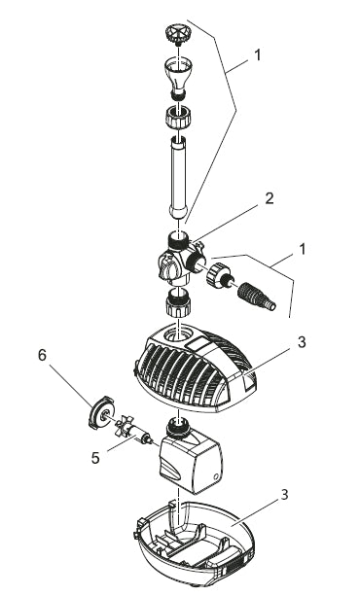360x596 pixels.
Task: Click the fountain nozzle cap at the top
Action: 178,35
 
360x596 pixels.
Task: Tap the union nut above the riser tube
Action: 178,119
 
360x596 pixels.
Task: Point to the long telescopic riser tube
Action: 178,177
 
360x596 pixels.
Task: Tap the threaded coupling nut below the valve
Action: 178,302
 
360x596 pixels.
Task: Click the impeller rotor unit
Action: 134,431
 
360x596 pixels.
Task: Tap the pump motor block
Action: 190,455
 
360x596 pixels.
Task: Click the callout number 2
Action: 270,198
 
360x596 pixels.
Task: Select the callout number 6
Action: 42,356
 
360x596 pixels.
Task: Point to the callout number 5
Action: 95,458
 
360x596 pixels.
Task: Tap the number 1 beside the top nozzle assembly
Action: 258,55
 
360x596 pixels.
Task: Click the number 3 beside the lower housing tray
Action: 284,495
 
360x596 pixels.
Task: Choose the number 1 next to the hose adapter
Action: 303,250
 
